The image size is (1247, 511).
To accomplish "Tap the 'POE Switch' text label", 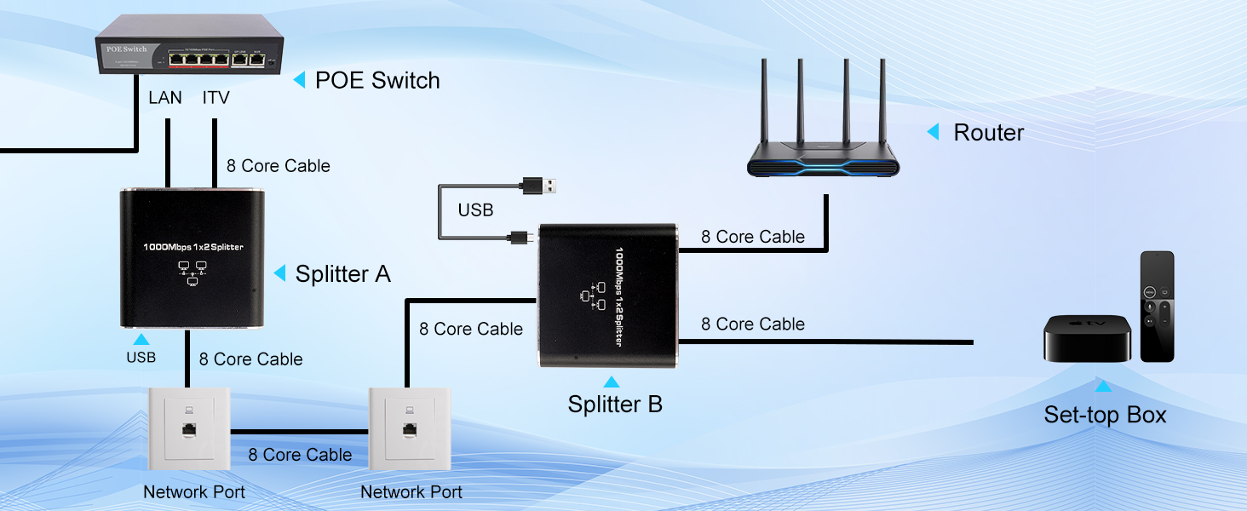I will pyautogui.click(x=377, y=81).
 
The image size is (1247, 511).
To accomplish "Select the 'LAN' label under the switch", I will pyautogui.click(x=165, y=98).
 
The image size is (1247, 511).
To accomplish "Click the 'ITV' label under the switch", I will pyautogui.click(x=216, y=98).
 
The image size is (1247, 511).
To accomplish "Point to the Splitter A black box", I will pyautogui.click(x=193, y=259).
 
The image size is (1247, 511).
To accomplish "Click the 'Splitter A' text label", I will pyautogui.click(x=342, y=274).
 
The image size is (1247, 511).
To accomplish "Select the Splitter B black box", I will pyautogui.click(x=608, y=296).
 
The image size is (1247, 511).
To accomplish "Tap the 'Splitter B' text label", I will pyautogui.click(x=615, y=404).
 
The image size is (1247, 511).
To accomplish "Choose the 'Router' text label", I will pyautogui.click(x=988, y=133).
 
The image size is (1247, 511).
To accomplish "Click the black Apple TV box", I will pyautogui.click(x=1087, y=338).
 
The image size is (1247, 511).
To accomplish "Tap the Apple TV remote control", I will pyautogui.click(x=1158, y=306).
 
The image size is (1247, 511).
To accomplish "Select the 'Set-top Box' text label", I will pyautogui.click(x=1105, y=416).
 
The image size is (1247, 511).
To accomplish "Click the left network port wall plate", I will pyautogui.click(x=190, y=429).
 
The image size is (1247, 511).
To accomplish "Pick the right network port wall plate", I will pyautogui.click(x=410, y=429).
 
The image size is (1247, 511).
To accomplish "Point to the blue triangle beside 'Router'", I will pyautogui.click(x=933, y=132).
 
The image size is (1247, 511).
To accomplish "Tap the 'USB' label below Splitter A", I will pyautogui.click(x=141, y=358).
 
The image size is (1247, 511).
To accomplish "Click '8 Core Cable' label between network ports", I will pyautogui.click(x=300, y=455).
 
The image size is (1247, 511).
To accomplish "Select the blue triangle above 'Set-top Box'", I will pyautogui.click(x=1103, y=387).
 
